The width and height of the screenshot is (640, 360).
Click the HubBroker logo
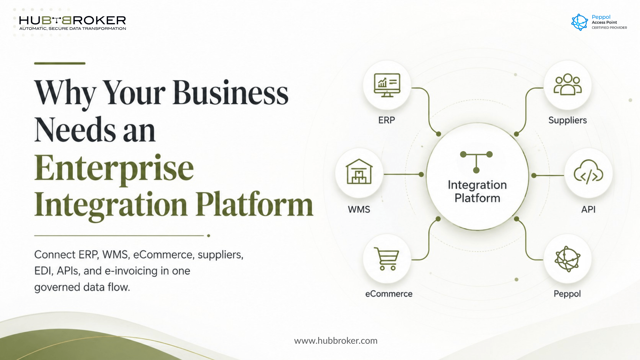click(x=73, y=23)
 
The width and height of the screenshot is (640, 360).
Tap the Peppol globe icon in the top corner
click(x=579, y=22)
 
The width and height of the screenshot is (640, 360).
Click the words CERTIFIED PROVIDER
click(x=609, y=28)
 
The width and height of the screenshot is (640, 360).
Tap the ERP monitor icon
click(x=387, y=85)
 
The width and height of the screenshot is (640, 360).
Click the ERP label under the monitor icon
click(x=387, y=120)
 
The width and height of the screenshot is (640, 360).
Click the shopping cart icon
click(x=386, y=259)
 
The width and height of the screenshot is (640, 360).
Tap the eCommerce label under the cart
click(x=389, y=294)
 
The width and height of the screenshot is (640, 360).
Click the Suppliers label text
click(x=567, y=120)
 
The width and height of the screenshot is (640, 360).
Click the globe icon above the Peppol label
click(x=567, y=259)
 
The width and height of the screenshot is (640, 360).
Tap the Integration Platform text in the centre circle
click(x=477, y=191)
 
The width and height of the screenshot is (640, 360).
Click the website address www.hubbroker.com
click(x=336, y=341)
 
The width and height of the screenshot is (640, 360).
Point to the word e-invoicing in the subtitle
click(x=131, y=271)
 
